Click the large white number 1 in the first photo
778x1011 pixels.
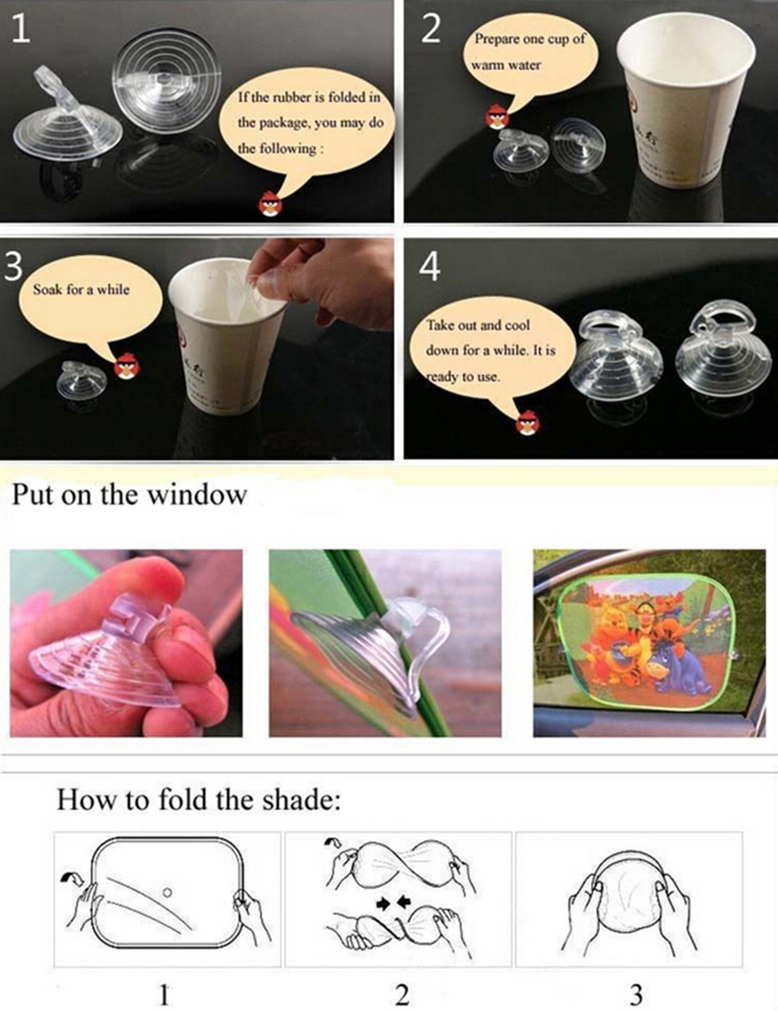click(x=20, y=29)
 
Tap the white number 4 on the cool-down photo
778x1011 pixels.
click(x=430, y=266)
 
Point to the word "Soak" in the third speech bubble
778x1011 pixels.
click(x=48, y=290)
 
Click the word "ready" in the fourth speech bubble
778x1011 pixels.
click(x=445, y=377)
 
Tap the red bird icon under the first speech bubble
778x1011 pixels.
click(x=271, y=204)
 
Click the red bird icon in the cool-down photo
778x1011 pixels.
click(x=527, y=423)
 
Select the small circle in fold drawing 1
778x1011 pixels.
click(x=167, y=892)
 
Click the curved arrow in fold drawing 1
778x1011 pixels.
click(x=67, y=878)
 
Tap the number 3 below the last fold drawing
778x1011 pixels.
click(x=636, y=994)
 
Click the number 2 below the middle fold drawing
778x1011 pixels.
click(x=402, y=994)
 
